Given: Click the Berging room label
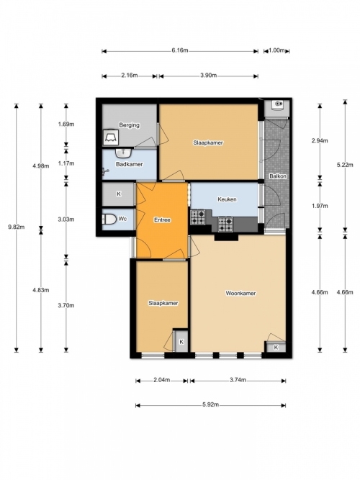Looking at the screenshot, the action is pyautogui.click(x=130, y=125).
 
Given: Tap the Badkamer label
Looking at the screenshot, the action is pyautogui.click(x=130, y=164).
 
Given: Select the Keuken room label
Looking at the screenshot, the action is pyautogui.click(x=227, y=199).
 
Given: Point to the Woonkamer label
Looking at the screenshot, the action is pyautogui.click(x=240, y=293).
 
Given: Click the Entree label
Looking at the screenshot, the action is pyautogui.click(x=162, y=219).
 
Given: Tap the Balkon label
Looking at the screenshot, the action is pyautogui.click(x=278, y=176).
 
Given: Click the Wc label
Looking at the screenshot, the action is pyautogui.click(x=122, y=219).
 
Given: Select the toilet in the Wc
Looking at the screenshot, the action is pyautogui.click(x=109, y=219).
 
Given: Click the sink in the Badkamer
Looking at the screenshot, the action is pyautogui.click(x=124, y=152).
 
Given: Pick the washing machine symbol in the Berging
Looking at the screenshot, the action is pyautogui.click(x=111, y=137).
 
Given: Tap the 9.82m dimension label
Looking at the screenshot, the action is pyautogui.click(x=17, y=227).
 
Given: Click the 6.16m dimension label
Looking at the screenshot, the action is pyautogui.click(x=180, y=50).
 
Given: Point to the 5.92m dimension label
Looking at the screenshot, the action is pyautogui.click(x=210, y=404).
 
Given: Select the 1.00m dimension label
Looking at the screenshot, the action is pyautogui.click(x=276, y=50).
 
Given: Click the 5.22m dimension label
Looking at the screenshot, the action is pyautogui.click(x=345, y=165).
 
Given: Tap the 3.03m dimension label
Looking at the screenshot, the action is pyautogui.click(x=66, y=219).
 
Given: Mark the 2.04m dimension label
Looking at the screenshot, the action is pyautogui.click(x=161, y=380).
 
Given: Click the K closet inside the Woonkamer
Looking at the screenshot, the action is pyautogui.click(x=276, y=347).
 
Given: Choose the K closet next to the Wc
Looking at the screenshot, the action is pyautogui.click(x=119, y=194).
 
